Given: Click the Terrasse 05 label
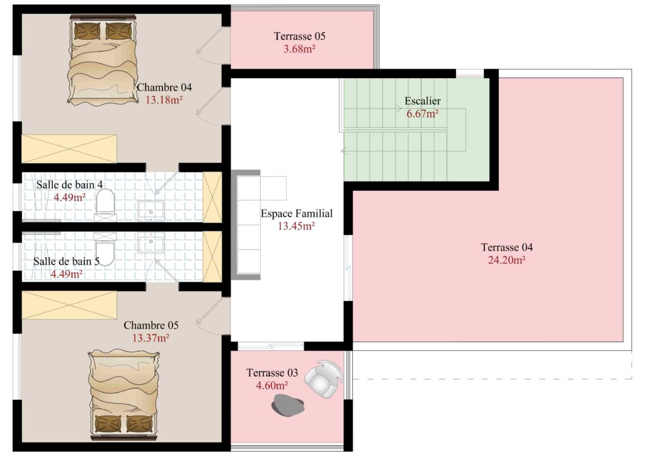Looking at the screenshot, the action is point(299,36).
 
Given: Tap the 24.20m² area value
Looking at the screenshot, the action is point(506,260).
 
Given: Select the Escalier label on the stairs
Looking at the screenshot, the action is point(423,101).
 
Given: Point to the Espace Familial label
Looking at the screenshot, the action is point(296,214).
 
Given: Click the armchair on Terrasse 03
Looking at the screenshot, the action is point(324,379).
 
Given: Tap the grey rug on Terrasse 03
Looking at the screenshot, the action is point(287,404).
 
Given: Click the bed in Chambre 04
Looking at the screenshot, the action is point(103,59).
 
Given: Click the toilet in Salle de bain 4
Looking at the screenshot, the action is point(105,202).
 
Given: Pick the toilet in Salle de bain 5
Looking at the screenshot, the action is point(105,249).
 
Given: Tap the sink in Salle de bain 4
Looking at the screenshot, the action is point(151,210).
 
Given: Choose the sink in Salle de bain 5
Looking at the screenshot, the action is point(151,242).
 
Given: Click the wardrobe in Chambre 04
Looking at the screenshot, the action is point(69,149).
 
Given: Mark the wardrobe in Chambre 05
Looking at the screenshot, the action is point(69,305).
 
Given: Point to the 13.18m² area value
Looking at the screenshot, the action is point(164,100).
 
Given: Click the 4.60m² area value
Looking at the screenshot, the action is point(271,385).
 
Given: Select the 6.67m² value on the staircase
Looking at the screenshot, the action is point(423,113).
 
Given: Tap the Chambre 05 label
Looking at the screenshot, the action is point(151,325).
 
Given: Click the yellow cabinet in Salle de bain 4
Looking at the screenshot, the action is point(212,197).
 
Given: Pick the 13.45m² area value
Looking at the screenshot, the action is point(296,225).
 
